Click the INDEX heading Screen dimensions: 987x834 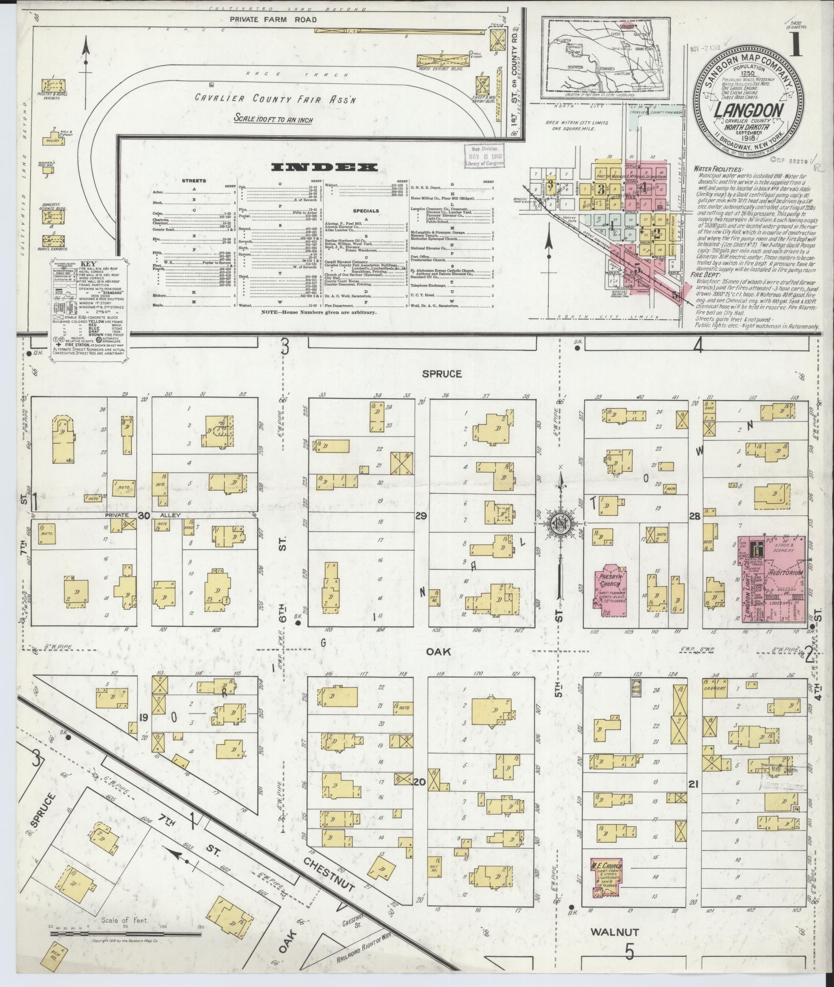pos(324,167)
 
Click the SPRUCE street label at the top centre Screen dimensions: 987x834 pos(442,374)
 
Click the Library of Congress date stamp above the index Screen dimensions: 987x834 pos(484,155)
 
